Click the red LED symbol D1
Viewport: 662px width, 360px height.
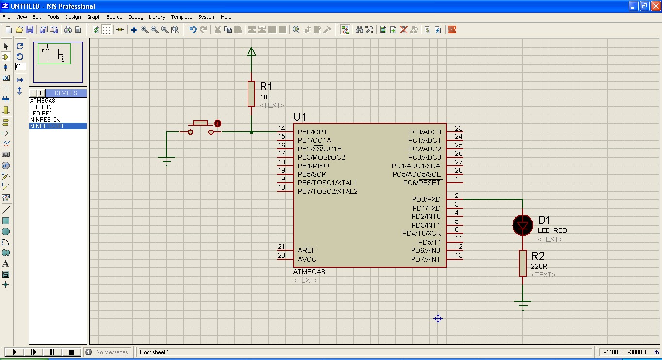click(x=523, y=225)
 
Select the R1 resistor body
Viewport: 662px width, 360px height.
click(x=251, y=93)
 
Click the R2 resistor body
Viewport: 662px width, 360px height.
click(x=523, y=263)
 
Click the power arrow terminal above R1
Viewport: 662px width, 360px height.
click(x=251, y=51)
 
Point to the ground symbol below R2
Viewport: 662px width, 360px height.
click(x=523, y=305)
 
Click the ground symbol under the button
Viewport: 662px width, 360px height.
click(x=166, y=161)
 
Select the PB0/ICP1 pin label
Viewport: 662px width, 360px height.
click(x=312, y=132)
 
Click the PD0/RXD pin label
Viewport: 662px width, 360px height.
click(x=426, y=199)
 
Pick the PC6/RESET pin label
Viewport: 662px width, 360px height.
click(x=422, y=183)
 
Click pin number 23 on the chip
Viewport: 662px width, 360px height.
click(x=458, y=129)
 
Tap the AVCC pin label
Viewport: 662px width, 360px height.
click(x=307, y=259)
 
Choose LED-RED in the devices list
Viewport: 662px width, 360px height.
click(x=41, y=114)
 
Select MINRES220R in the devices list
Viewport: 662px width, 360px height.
click(x=47, y=126)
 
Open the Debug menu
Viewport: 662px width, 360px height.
click(x=135, y=17)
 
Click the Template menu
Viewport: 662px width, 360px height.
click(x=182, y=17)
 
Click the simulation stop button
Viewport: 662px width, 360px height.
click(x=71, y=352)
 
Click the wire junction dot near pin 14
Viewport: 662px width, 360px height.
click(x=251, y=131)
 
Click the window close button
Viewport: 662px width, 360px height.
click(x=655, y=6)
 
